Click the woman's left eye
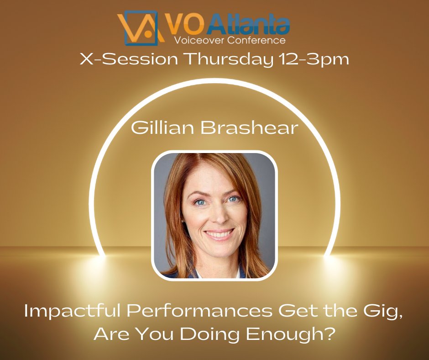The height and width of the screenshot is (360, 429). [x=233, y=199]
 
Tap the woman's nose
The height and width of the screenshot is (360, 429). [x=217, y=215]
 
